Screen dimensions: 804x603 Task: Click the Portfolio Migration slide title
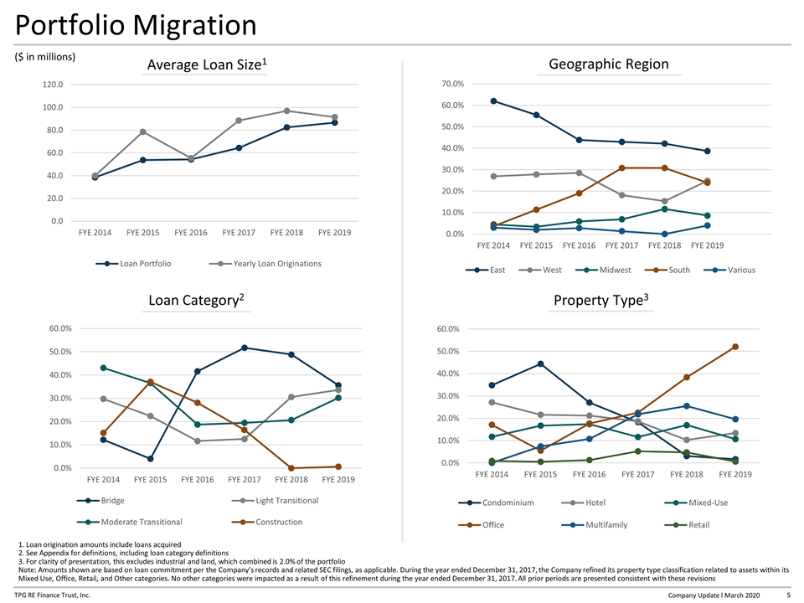(x=136, y=25)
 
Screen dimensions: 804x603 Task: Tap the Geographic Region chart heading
(x=609, y=64)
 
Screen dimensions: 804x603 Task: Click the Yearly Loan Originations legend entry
(x=265, y=264)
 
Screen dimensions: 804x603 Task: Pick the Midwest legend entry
(x=603, y=270)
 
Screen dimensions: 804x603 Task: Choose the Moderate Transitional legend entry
(x=130, y=522)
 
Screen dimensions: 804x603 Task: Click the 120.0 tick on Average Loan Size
(x=53, y=84)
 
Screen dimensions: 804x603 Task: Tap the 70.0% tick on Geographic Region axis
(x=453, y=84)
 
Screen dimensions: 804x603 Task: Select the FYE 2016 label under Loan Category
(x=198, y=479)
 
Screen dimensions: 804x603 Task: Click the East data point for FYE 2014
(x=493, y=101)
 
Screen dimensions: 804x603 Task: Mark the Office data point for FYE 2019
(x=735, y=347)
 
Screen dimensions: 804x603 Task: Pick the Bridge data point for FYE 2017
(x=245, y=348)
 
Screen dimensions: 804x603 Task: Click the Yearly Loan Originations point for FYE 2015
(x=143, y=131)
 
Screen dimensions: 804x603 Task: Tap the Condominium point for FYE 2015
(x=540, y=364)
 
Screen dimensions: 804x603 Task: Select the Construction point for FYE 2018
(x=291, y=468)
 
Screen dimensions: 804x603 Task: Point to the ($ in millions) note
(x=45, y=57)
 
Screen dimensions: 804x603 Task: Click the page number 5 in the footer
(x=788, y=595)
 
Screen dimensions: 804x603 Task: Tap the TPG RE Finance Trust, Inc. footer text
(x=52, y=595)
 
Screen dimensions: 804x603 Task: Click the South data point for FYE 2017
(x=622, y=167)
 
